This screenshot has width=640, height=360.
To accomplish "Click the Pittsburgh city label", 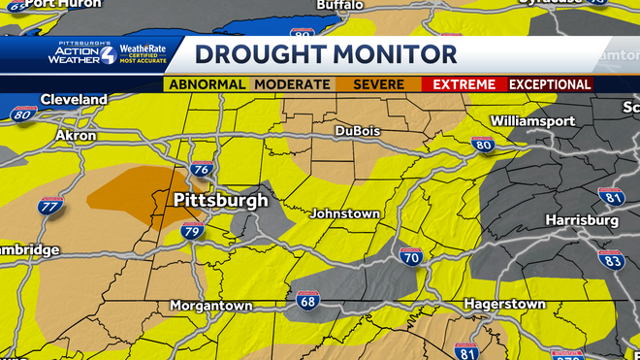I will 220,201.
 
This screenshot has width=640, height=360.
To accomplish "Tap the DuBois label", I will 358,131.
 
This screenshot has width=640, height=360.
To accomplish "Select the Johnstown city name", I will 345,213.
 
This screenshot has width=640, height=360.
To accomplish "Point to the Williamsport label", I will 532,121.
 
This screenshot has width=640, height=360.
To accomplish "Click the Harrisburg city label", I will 582,220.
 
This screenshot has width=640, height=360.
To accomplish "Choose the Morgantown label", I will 210,305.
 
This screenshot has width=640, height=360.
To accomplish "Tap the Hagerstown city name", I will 504,304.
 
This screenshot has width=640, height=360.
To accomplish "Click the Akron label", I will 76,136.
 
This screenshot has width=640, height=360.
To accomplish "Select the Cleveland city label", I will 74,99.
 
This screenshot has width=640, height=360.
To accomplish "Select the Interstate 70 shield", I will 410,257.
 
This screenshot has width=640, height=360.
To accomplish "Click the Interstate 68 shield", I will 308,301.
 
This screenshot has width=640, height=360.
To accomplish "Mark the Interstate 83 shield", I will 610,259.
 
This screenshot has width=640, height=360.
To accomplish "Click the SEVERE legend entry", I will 379,84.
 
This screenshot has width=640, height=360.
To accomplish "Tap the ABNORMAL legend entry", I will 207,84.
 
